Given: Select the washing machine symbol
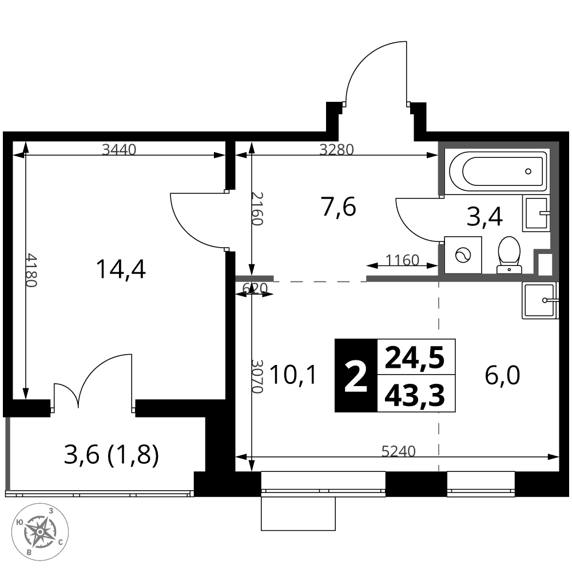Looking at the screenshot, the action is (x=463, y=255).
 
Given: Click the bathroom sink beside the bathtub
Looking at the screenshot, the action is (x=537, y=213).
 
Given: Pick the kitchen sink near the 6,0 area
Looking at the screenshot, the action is (x=541, y=300).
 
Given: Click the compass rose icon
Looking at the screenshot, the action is (x=41, y=533).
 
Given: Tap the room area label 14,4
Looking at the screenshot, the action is (x=121, y=269).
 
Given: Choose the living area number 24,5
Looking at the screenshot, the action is (x=415, y=357).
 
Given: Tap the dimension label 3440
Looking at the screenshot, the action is (x=119, y=149).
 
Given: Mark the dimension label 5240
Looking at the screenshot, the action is (x=398, y=452).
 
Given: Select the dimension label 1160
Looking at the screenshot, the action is (x=402, y=260).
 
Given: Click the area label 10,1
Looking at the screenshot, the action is (x=293, y=375).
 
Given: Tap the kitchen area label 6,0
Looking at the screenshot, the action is (x=502, y=375).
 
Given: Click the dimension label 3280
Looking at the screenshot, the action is (x=337, y=149).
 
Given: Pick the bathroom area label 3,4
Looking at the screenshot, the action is (x=485, y=216).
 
